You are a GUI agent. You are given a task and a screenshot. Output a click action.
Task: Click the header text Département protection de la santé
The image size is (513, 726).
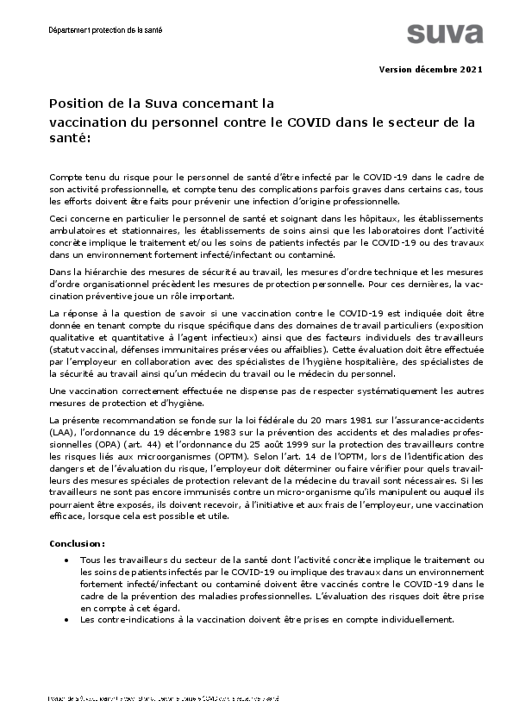point(105,30)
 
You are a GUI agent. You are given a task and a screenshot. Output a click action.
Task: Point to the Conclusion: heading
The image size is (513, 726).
point(78,544)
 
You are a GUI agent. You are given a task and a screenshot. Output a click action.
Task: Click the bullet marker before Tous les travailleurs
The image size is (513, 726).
point(67,560)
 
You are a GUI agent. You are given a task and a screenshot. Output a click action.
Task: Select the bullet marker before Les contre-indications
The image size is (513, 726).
point(67,620)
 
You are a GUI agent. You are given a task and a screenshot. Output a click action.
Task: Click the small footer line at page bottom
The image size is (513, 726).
point(164,698)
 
